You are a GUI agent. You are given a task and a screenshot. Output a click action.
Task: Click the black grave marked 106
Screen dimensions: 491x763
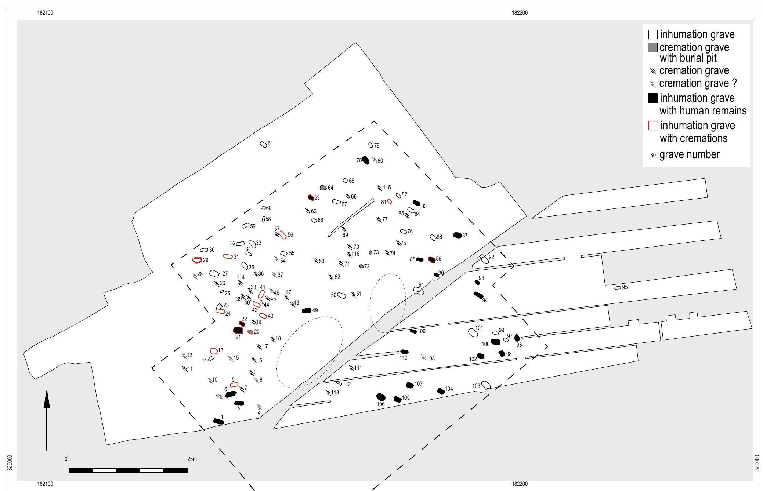click(x=381, y=397)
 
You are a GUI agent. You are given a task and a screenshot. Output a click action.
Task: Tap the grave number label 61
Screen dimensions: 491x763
click(x=270, y=143)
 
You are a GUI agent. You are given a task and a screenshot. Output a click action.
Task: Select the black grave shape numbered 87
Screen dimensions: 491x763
click(x=458, y=235)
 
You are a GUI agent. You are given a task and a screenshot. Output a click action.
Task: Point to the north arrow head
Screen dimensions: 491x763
click(x=47, y=399)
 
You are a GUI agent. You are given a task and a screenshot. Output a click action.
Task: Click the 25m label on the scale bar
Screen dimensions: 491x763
click(x=192, y=459)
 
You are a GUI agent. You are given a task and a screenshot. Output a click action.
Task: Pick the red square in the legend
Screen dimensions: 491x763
click(x=653, y=126)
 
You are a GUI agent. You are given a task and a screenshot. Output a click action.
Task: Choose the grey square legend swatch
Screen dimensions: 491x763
click(x=652, y=47)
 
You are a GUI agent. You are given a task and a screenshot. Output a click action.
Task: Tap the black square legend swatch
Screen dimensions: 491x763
click(x=653, y=98)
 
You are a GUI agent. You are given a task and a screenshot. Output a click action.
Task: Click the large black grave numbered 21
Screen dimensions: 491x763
click(x=238, y=330)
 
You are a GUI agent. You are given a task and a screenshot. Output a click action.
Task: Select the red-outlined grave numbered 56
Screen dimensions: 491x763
click(x=282, y=235)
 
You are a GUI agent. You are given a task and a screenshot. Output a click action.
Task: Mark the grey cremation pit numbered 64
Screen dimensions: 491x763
click(x=323, y=188)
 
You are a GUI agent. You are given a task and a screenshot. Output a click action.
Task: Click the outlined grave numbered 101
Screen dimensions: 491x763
click(x=473, y=332)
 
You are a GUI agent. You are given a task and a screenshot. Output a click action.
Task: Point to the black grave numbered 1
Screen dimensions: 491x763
click(x=219, y=421)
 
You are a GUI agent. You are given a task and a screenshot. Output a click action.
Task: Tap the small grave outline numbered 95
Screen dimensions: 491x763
click(x=618, y=288)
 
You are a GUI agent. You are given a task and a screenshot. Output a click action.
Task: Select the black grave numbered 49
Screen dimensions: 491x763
click(x=306, y=311)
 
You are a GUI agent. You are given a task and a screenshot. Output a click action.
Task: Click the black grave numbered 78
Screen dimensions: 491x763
click(x=365, y=160)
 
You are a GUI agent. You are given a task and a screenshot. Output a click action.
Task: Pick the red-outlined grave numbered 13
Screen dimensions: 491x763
click(x=214, y=351)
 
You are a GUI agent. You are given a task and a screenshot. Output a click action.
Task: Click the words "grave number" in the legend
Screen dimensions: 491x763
click(x=689, y=155)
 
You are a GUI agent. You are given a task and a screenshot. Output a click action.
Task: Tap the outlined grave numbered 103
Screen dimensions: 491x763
click(x=486, y=385)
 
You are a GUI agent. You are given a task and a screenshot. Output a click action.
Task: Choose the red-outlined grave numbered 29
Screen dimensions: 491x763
click(x=197, y=260)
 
